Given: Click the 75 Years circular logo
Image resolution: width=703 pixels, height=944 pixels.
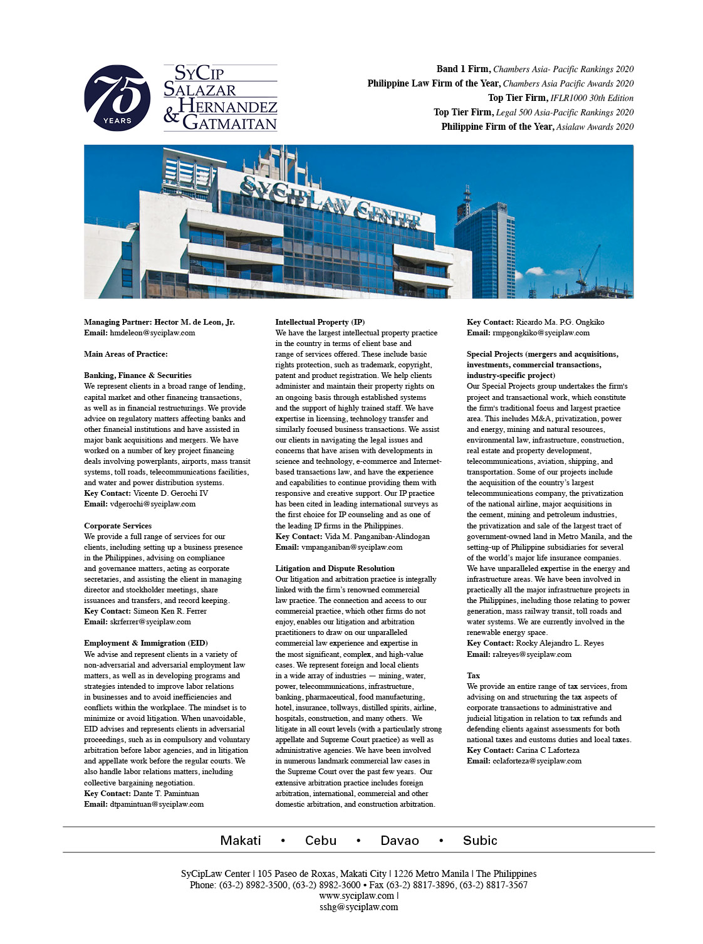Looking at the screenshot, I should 117,98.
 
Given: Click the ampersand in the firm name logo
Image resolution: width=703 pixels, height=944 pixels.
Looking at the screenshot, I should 171,115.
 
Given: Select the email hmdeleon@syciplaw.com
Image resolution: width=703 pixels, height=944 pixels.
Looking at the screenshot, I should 152,333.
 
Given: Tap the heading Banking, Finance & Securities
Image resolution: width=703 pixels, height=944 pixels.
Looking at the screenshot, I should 138,375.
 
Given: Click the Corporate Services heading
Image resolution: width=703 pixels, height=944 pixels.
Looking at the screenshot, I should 118,526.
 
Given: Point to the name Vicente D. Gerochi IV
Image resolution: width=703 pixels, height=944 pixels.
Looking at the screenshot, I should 170,493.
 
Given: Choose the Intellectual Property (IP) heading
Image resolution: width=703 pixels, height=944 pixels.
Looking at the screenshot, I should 320,322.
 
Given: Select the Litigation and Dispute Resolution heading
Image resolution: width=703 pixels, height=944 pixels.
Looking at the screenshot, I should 335,569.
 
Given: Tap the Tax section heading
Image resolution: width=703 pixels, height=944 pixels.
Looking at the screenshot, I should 473,676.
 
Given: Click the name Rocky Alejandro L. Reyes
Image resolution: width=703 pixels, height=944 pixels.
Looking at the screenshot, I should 560,643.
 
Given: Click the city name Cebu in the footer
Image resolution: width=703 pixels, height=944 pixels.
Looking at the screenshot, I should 321,841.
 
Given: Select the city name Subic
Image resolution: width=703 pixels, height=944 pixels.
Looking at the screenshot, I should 480,841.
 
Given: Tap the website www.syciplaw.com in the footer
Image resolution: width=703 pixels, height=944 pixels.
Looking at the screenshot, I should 357,896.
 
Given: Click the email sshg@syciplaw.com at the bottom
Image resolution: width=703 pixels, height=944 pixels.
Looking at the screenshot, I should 358,907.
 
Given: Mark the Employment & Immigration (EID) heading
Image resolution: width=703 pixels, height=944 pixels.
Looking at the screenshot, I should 145,643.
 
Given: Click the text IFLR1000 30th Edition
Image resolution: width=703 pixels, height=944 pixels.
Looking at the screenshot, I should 591,98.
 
